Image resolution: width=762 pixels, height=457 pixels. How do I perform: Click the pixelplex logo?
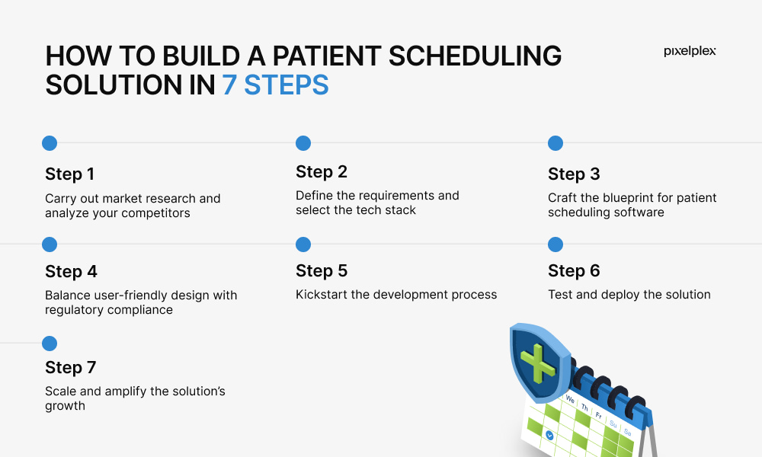690,51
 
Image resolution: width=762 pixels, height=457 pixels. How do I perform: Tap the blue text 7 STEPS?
276,85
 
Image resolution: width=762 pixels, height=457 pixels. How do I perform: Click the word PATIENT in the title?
327,56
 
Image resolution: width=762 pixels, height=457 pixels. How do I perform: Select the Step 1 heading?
69,174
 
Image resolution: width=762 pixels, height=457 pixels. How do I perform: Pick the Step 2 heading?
322,172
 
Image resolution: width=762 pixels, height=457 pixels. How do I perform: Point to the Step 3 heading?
574,174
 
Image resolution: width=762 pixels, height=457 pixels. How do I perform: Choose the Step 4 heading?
71,271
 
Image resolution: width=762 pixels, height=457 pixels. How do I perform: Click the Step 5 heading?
322,271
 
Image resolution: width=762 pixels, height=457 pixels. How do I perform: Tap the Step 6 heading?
574,271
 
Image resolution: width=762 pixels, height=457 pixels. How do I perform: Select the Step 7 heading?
70,368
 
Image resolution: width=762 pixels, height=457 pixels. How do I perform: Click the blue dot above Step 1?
50,143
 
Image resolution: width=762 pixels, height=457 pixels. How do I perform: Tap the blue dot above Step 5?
303,244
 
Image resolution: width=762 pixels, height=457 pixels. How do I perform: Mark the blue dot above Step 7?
50,344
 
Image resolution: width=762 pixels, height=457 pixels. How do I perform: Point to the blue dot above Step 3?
555,143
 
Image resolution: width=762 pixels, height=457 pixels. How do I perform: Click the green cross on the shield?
537,363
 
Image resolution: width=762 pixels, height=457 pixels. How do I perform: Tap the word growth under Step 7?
65,406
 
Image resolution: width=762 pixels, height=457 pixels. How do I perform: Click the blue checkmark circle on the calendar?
549,435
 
